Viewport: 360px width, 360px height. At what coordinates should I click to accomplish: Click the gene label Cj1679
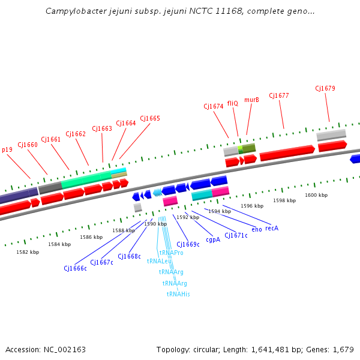[325, 89]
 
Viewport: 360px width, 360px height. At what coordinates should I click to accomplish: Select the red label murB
[251, 100]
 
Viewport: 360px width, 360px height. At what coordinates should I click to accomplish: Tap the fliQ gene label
[232, 103]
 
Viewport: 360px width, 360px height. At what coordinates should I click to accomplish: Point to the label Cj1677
[279, 95]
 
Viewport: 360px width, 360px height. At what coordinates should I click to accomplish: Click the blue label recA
[272, 228]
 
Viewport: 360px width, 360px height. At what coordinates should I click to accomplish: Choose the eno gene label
[257, 230]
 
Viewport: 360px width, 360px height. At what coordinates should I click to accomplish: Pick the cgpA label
[213, 239]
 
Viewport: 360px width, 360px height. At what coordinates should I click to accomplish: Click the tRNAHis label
[178, 294]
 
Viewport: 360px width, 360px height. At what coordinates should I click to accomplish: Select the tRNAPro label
[172, 253]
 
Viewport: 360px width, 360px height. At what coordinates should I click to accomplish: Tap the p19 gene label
[7, 150]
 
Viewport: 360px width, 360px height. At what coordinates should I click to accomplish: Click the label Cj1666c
[76, 268]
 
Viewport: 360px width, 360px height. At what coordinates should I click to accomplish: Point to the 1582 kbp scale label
[28, 252]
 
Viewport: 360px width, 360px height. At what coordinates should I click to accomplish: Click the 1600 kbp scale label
[316, 195]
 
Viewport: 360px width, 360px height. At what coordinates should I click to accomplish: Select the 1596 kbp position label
[252, 206]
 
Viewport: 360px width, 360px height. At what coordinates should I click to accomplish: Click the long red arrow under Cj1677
[287, 153]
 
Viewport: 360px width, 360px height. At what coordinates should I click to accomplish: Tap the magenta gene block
[220, 191]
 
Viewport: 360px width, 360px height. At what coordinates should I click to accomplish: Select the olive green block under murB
[247, 148]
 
